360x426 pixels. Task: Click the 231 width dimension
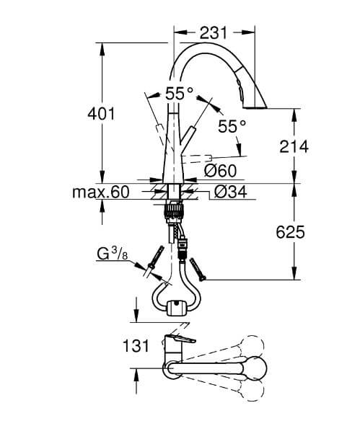pos(213,33)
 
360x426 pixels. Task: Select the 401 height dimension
pos(101,114)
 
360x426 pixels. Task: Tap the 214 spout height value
pos(294,147)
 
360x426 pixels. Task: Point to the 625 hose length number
pos(291,233)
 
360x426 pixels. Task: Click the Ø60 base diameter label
pos(220,171)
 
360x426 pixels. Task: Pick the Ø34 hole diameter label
pos(231,192)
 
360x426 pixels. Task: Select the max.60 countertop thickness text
pos(100,192)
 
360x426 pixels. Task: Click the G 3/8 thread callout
pos(113,254)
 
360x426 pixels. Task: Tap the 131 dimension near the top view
pos(136,346)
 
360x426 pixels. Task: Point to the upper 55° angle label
pos(179,93)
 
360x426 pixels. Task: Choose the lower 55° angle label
pos(232,126)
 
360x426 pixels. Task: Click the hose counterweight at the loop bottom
pos(177,308)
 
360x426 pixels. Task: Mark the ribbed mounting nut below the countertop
pos(173,210)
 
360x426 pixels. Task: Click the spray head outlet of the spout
pos(255,107)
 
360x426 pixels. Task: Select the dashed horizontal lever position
pos(196,159)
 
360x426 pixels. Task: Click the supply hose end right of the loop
pos(198,270)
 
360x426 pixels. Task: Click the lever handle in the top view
pos(180,339)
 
